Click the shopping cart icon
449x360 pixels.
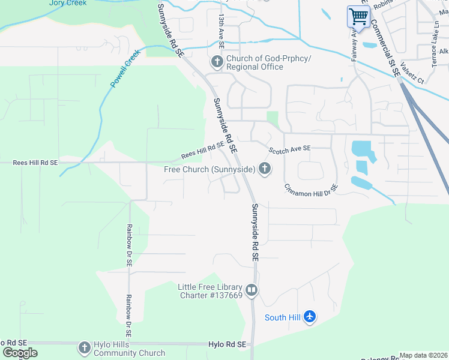[x=358, y=16]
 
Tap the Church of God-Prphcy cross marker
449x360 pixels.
[x=217, y=62]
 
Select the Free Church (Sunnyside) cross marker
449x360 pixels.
[x=264, y=170]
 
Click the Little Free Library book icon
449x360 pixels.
[x=252, y=291]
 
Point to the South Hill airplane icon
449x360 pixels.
[x=309, y=316]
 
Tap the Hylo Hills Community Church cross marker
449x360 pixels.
[x=85, y=347]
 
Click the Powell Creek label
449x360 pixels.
[x=125, y=69]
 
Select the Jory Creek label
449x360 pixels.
[x=68, y=3]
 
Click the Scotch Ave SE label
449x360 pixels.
[x=289, y=149]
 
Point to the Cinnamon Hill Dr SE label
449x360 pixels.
[x=311, y=188]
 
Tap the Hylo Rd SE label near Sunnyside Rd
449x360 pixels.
[x=227, y=344]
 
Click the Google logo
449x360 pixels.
[x=19, y=353]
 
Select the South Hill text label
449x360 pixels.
[x=282, y=317]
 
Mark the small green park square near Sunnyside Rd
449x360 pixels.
[x=273, y=119]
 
